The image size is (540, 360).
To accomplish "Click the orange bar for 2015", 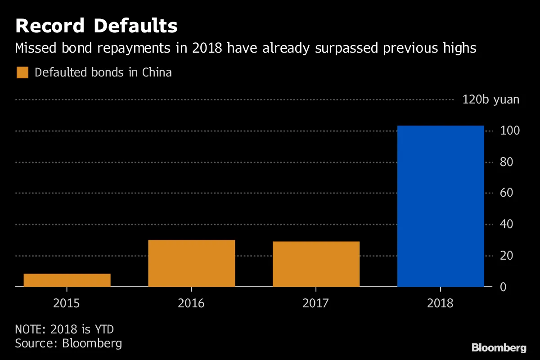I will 67,280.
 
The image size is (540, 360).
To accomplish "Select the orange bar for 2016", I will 192,263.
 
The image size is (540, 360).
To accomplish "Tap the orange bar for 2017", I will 316,264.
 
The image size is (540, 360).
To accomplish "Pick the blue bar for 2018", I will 441,206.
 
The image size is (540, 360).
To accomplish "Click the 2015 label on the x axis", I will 67,303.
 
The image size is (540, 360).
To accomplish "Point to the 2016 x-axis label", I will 191,303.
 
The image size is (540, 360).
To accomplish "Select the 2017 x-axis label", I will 316,303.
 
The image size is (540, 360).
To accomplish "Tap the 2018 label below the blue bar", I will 441,303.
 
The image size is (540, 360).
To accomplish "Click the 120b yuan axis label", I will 490,99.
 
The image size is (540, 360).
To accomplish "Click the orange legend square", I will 22,72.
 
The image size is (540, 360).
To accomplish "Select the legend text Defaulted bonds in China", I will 103,72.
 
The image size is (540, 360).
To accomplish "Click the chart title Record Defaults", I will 96,26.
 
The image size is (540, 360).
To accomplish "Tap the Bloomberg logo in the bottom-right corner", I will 499,348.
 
